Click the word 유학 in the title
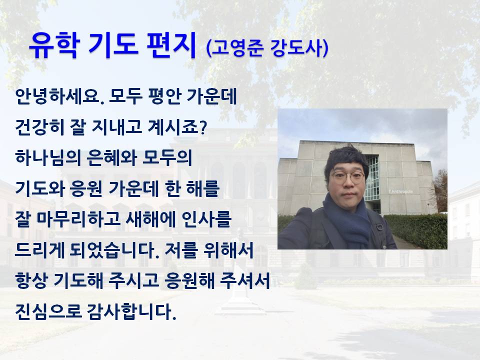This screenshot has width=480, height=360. pos(54,45)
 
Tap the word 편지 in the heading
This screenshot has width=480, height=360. pos(171,45)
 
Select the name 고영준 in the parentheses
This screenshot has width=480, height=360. pos(237,48)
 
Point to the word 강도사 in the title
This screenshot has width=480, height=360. pos(296,48)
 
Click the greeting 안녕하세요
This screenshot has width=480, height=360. pos(58,96)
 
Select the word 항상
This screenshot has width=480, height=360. pos(31,280)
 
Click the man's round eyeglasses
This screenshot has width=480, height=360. pos(347,177)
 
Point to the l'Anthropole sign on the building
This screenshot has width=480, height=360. pos(400,191)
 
